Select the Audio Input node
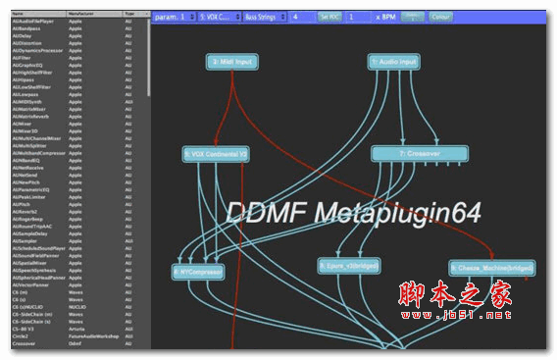(394, 61)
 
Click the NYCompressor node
(198, 269)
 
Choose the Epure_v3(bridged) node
(349, 265)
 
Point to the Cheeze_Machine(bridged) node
(492, 267)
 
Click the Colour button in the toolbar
(441, 18)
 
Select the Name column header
(20, 14)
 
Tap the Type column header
(129, 14)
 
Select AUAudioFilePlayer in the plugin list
(30, 20)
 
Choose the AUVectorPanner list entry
(28, 285)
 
